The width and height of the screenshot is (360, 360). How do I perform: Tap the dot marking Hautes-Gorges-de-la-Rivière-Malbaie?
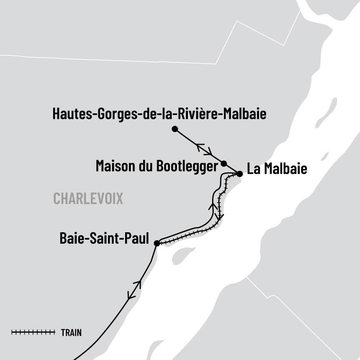pos(175,129)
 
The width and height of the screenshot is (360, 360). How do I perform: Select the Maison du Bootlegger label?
pos(157,166)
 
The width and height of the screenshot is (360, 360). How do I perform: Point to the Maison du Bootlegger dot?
pos(224,163)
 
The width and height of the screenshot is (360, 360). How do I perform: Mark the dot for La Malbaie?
pos(240,174)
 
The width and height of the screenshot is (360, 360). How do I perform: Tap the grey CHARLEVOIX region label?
pos(88,198)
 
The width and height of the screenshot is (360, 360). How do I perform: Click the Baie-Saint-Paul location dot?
pos(157,243)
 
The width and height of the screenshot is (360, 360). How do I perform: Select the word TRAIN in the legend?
pos(71,333)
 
